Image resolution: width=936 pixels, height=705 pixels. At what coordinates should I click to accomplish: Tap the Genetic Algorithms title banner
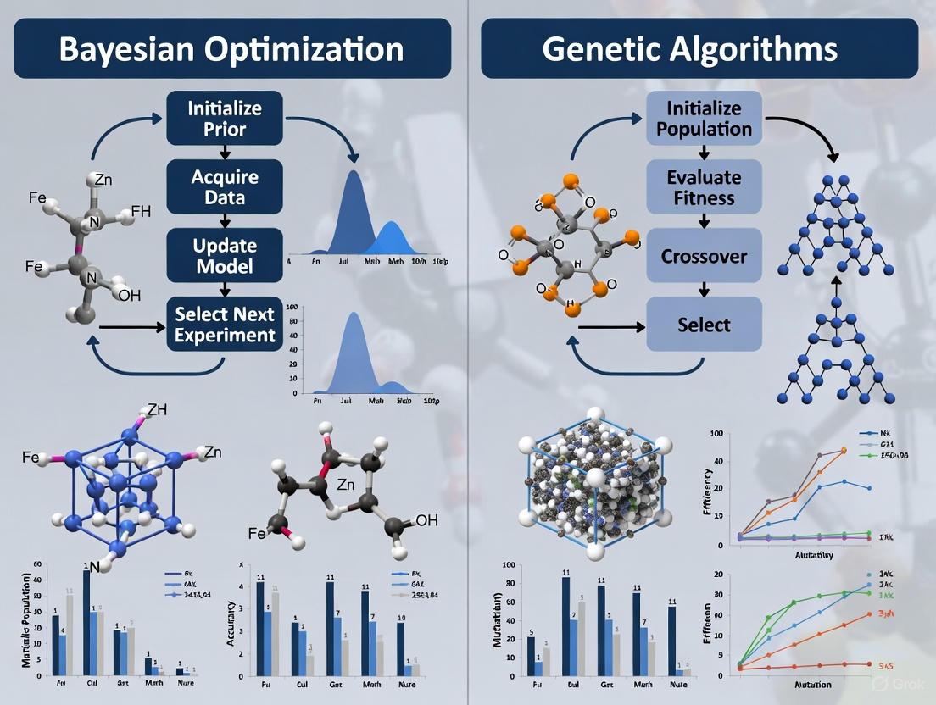click(x=699, y=48)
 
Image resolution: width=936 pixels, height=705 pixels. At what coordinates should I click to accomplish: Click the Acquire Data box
click(x=225, y=186)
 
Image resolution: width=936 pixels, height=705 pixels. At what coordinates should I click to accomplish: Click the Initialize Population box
click(x=704, y=119)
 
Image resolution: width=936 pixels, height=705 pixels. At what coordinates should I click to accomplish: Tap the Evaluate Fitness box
click(x=704, y=188)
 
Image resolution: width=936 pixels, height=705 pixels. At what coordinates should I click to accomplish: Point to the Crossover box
click(x=704, y=255)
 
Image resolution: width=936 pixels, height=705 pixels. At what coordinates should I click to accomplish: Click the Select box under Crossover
click(x=704, y=325)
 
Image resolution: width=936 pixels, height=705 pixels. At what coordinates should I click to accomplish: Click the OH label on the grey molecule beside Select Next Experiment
click(x=130, y=295)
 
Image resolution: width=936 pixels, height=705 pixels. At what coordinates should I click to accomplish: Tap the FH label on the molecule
click(x=141, y=212)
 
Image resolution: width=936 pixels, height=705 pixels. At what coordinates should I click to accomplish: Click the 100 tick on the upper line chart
click(x=715, y=434)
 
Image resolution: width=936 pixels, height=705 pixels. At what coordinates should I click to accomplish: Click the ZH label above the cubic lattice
click(x=158, y=410)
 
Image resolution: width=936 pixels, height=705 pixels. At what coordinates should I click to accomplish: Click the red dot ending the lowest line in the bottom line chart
click(x=869, y=664)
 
